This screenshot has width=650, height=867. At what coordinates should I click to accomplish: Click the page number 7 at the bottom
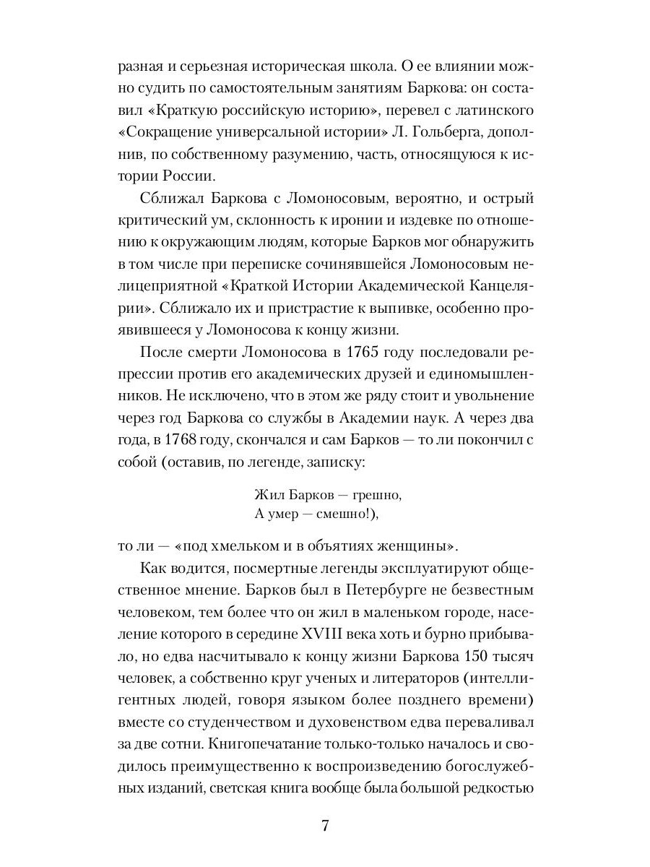point(325,826)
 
